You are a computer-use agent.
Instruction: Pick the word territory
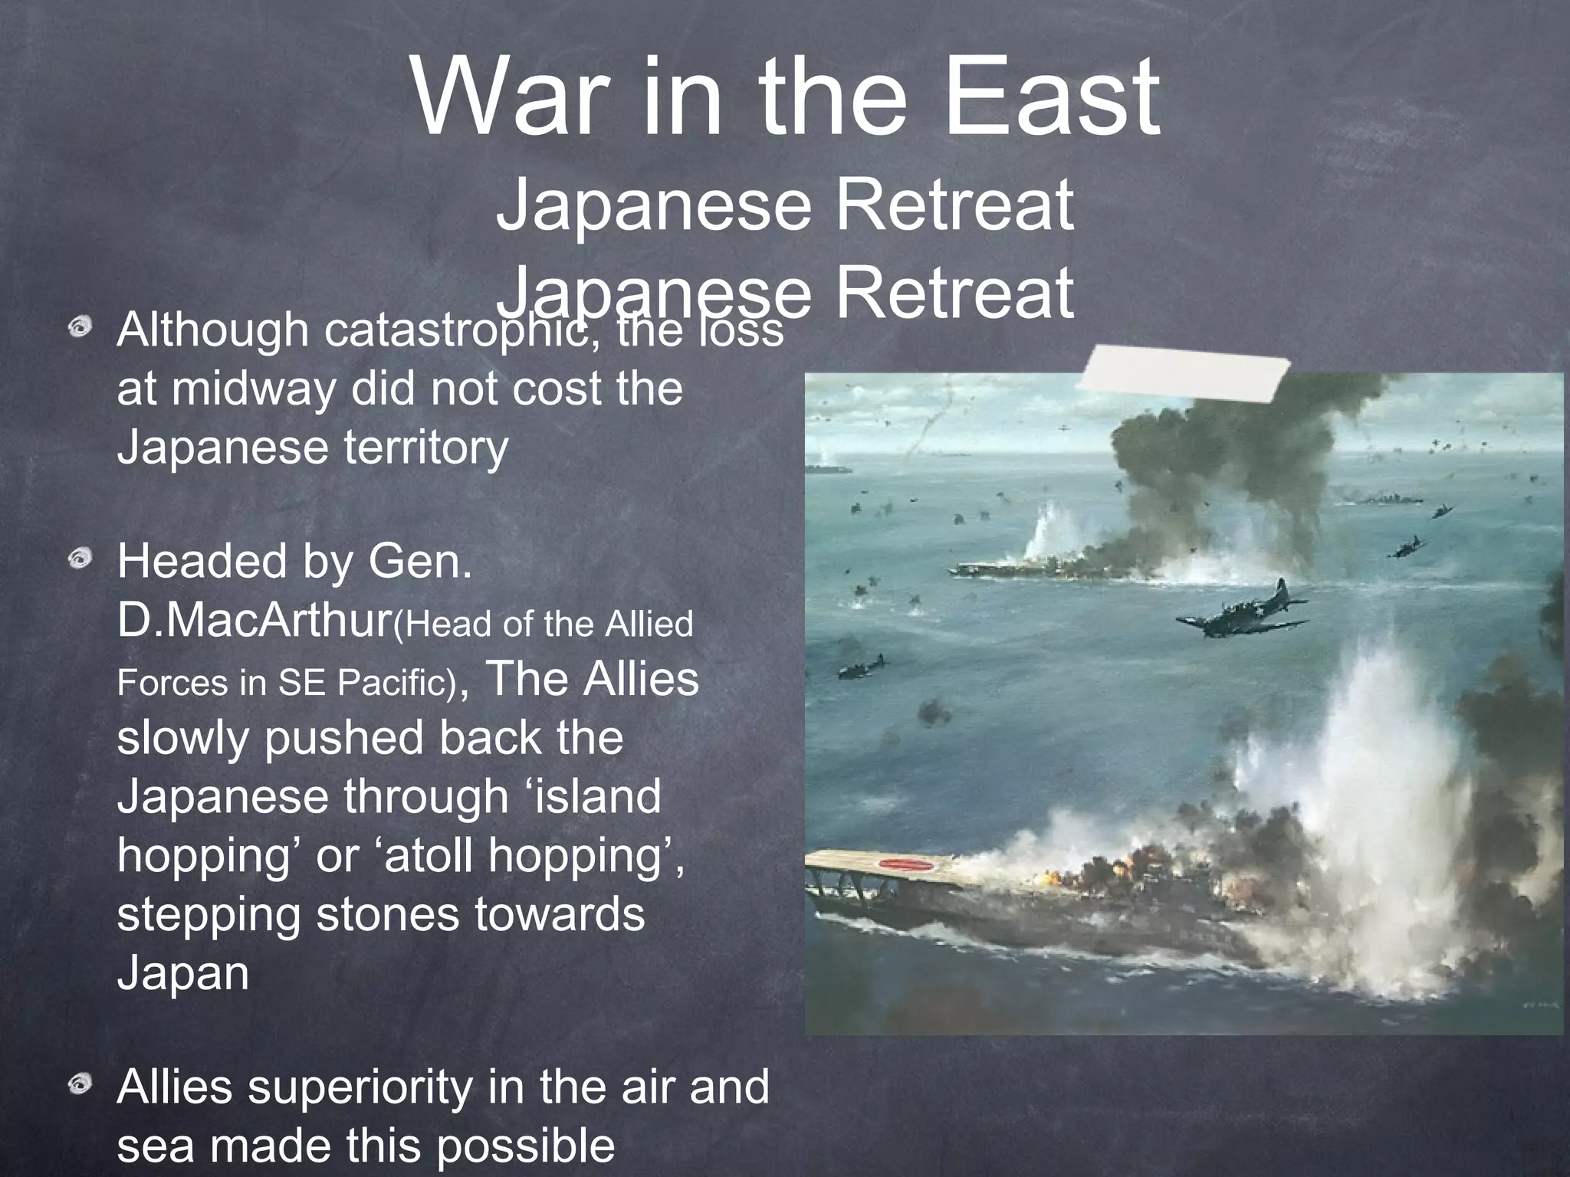(425, 448)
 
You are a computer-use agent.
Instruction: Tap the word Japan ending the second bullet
(183, 973)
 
